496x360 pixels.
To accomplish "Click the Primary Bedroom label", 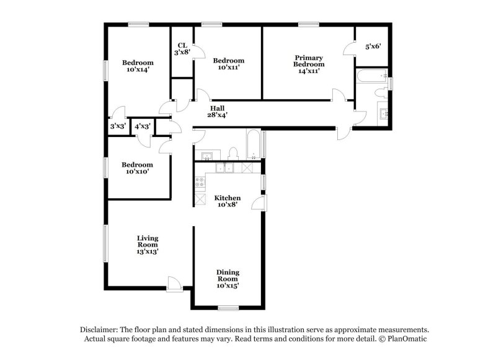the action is pos(308,64).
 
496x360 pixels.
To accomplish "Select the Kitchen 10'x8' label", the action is pos(228,201).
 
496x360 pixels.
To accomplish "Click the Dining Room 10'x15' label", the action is pos(228,279).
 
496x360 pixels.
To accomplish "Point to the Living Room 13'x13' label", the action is pos(148,245).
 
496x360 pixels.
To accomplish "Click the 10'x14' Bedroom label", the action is pos(138,66).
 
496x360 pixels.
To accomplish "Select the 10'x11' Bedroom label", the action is pos(229,64).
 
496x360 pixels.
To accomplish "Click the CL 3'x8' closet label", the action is pos(182,49).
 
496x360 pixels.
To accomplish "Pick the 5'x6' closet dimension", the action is pos(373,46).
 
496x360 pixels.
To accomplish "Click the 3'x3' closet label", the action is pos(118,126).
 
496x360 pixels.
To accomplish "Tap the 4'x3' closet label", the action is pos(143,126).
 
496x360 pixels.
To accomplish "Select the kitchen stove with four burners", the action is pos(201,183).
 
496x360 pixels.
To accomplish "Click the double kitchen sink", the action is pos(224,168).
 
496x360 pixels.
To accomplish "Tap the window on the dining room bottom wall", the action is pos(228,308).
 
